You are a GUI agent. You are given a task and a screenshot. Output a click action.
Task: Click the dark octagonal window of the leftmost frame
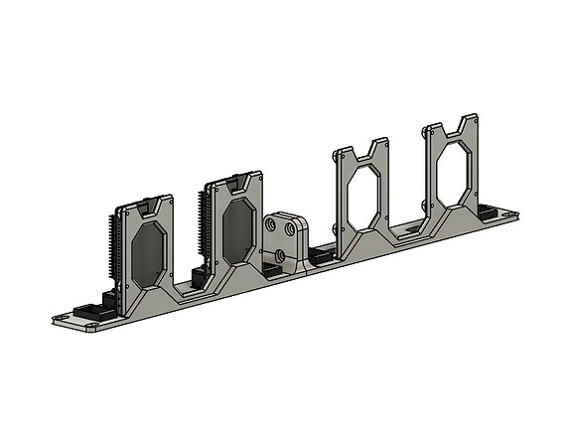tap(150, 253)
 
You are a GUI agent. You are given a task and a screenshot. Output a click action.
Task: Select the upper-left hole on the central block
tap(270, 226)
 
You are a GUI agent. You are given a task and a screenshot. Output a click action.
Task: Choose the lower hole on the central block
tap(281, 255)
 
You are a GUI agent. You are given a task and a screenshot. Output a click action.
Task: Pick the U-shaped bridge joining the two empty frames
tap(405, 234)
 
